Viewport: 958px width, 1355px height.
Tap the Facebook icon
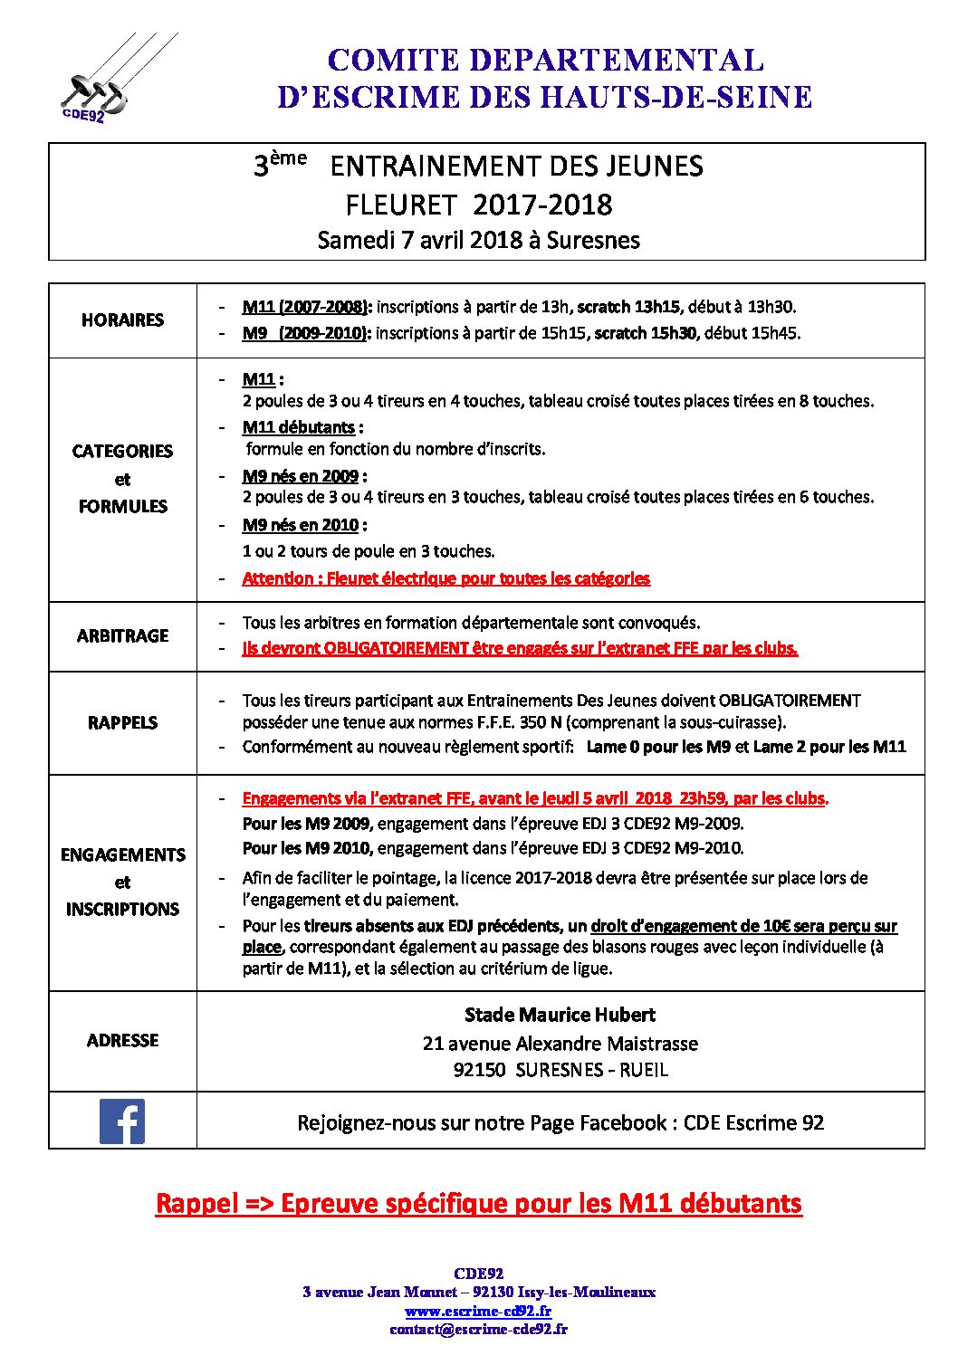pos(122,1121)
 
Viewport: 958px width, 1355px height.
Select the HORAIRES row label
pos(122,320)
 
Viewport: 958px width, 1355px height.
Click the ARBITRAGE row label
pos(122,635)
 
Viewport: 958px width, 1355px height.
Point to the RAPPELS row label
pos(122,722)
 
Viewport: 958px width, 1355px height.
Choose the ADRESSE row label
pos(122,1040)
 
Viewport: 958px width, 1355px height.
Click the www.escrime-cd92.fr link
pos(478,1311)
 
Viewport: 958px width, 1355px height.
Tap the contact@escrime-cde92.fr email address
pos(478,1329)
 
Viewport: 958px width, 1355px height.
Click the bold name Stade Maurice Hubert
pos(560,1015)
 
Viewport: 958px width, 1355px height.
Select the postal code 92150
pos(479,1070)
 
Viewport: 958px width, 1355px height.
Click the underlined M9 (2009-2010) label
pos(306,333)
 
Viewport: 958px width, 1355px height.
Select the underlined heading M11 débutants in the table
pos(299,427)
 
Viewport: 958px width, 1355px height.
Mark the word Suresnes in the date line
pos(593,240)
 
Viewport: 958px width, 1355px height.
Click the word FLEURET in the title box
pos(400,205)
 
